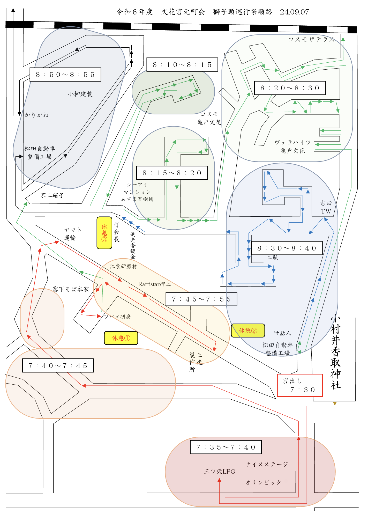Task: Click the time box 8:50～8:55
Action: tap(65, 75)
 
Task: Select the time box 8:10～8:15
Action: tap(182, 65)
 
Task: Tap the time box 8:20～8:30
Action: tap(290, 88)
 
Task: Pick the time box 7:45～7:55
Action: tap(201, 299)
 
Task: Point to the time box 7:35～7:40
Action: tap(226, 447)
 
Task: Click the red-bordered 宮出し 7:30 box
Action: tap(300, 385)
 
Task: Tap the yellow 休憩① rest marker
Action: tap(121, 338)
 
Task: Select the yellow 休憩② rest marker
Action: tap(248, 331)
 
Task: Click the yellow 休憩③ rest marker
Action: tap(104, 233)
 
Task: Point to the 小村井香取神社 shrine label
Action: tap(335, 352)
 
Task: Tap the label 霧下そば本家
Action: tap(71, 289)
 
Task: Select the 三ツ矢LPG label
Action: tap(220, 471)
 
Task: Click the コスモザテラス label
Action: tap(311, 39)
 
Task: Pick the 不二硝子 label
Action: tap(52, 195)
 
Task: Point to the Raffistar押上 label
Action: tap(154, 284)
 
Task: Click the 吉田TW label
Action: tap(326, 207)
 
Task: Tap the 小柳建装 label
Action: tap(80, 94)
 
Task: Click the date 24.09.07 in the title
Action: tap(294, 12)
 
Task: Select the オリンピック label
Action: tap(263, 482)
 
